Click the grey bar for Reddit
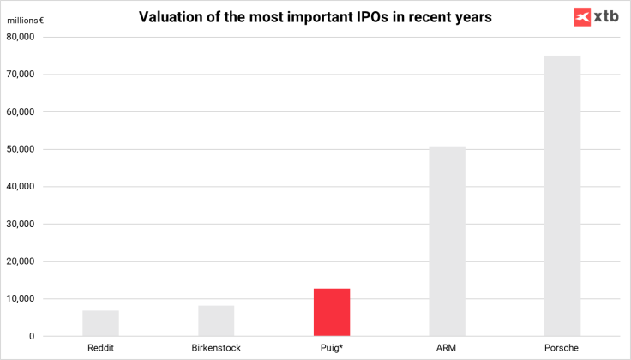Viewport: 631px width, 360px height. click(x=100, y=323)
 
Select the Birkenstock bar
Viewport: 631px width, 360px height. click(x=216, y=321)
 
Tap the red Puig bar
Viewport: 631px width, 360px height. click(x=332, y=312)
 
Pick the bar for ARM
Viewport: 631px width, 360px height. click(x=448, y=241)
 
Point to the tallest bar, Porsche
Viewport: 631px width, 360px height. click(x=562, y=195)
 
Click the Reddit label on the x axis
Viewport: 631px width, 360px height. click(x=101, y=347)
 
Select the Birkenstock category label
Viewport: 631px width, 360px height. click(x=216, y=347)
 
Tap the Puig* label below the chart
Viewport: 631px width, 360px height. click(x=332, y=347)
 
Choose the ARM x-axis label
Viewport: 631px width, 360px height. click(x=448, y=347)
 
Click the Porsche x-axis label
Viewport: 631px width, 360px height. click(x=562, y=347)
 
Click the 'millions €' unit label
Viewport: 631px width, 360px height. click(x=26, y=21)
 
